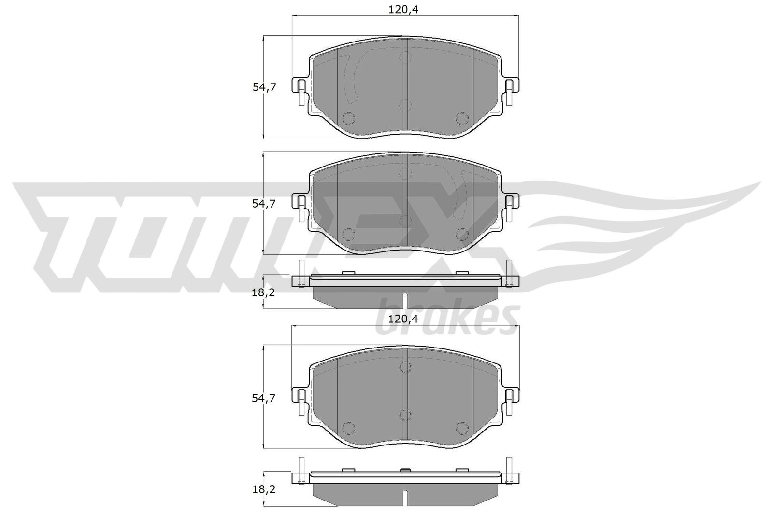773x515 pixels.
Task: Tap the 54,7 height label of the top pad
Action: click(x=264, y=87)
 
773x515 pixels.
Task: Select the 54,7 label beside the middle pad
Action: click(x=264, y=204)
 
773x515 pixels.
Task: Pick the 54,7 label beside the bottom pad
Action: click(x=264, y=398)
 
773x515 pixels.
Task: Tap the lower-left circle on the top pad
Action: click(x=348, y=118)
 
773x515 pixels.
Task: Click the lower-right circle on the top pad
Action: click(x=462, y=118)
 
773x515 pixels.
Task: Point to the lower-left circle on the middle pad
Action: click(x=348, y=235)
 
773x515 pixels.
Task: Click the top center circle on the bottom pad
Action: click(x=405, y=367)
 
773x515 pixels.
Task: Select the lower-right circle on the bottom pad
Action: click(x=462, y=428)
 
